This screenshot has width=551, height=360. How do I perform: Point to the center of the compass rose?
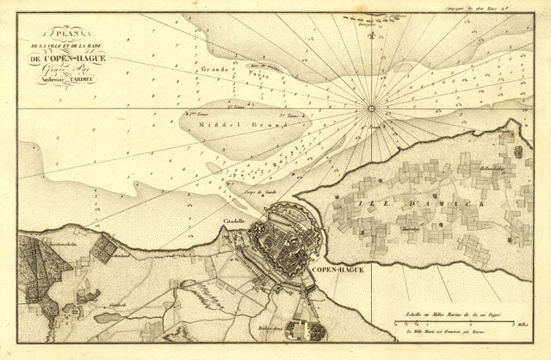point(373,109)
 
